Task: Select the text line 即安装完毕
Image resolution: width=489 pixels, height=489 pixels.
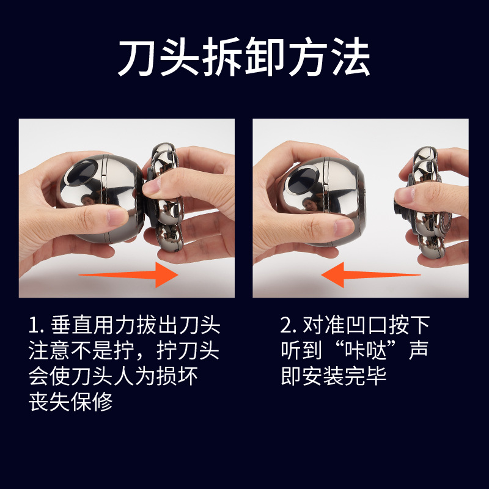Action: tap(334, 377)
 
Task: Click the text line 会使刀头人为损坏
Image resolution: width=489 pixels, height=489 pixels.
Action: tap(114, 377)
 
